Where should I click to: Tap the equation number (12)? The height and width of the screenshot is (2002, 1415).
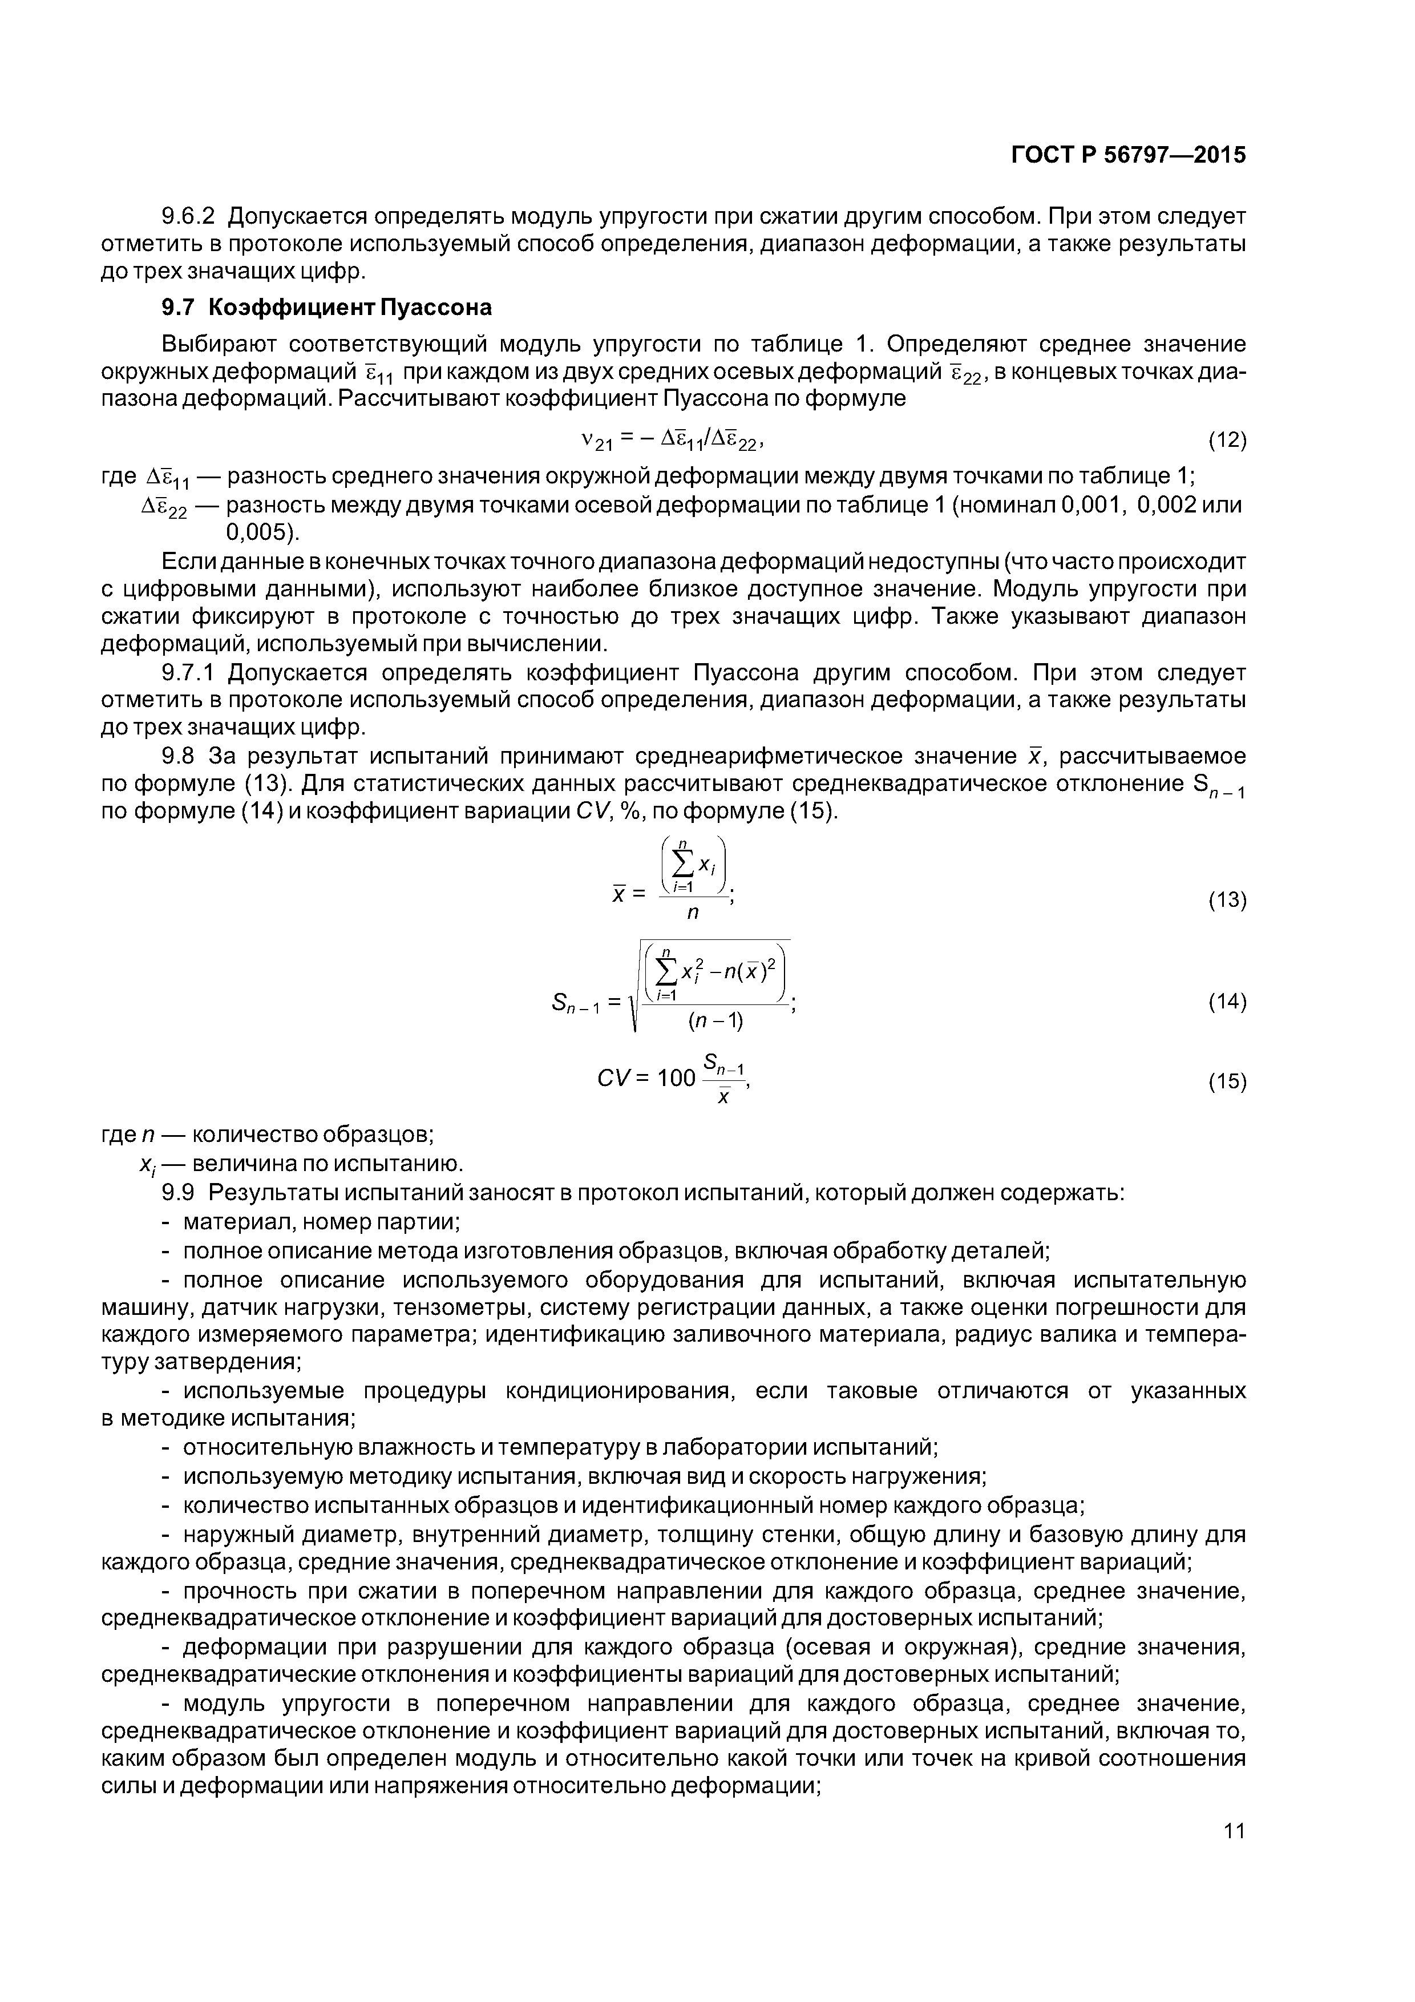[x=1227, y=441]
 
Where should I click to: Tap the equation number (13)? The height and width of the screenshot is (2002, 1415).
[x=1227, y=899]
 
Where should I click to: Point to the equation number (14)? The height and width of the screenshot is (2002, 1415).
[x=1227, y=1002]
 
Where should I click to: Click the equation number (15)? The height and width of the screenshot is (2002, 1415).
[x=1227, y=1082]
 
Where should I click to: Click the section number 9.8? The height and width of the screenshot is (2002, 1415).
[x=179, y=755]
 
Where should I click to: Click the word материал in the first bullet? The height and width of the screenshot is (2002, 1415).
[x=232, y=1222]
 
